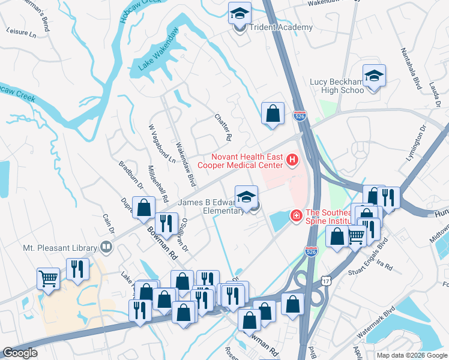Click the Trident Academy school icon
[x=240, y=13]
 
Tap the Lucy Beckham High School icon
[x=374, y=76]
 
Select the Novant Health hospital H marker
[x=292, y=160]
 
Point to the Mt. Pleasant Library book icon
[x=106, y=247]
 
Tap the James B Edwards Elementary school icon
[x=246, y=197]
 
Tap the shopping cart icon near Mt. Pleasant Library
[x=48, y=278]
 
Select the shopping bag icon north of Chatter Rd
[x=273, y=112]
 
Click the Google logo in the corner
[x=20, y=353]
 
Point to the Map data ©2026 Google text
[x=411, y=355]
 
